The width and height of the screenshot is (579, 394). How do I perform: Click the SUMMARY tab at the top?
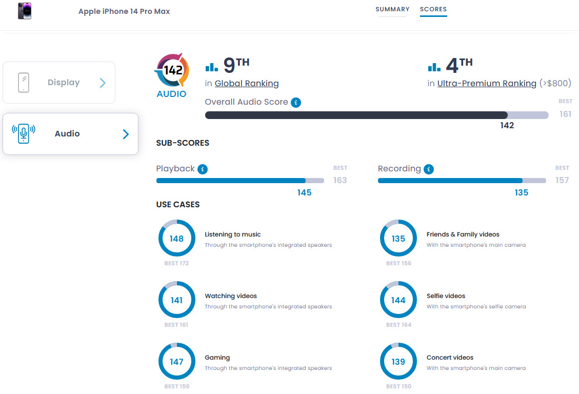[392, 9]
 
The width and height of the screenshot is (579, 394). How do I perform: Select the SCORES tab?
[433, 9]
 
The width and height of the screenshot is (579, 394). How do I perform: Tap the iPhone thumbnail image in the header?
[25, 11]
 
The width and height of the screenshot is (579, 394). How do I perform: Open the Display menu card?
[59, 83]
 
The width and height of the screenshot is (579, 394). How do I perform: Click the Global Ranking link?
[247, 84]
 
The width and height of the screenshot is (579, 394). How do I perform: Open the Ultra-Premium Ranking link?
[487, 84]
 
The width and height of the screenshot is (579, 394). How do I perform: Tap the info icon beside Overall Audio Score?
[296, 103]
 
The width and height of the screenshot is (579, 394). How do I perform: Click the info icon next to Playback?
[203, 169]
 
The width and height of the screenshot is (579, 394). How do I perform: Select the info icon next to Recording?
[429, 169]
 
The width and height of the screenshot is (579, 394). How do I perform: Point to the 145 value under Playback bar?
[304, 192]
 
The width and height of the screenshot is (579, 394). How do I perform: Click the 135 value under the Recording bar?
[522, 192]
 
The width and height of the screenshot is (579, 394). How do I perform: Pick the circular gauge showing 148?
[176, 239]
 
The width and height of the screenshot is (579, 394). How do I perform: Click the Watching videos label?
[231, 296]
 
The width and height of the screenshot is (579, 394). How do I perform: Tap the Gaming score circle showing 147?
[176, 362]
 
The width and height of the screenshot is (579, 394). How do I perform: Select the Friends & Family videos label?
[463, 234]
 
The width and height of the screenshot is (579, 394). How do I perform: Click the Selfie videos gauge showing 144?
[398, 300]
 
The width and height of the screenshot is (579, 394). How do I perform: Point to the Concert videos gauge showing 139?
[398, 362]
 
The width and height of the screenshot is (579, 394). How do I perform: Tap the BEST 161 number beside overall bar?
[565, 114]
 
